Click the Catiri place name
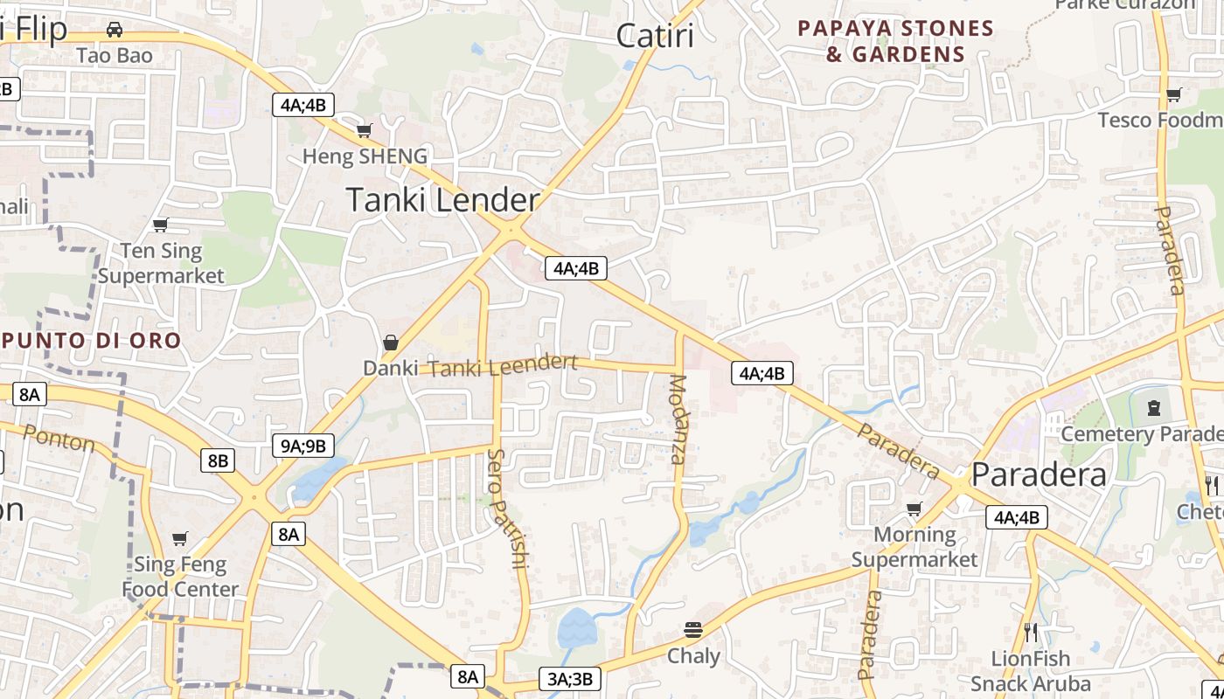(655, 36)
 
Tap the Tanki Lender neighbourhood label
(443, 200)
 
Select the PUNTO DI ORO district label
(91, 340)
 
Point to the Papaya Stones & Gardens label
(896, 41)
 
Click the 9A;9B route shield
(303, 446)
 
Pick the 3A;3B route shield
(570, 679)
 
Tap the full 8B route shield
(218, 460)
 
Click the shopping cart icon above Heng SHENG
(364, 131)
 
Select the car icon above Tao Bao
(115, 30)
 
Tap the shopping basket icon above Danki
(391, 343)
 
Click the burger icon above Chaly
(693, 629)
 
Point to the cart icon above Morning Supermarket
(915, 509)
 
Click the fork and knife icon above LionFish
(1031, 632)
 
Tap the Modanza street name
(678, 419)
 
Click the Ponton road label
(59, 438)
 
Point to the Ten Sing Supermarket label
(161, 263)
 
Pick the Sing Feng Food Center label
(180, 577)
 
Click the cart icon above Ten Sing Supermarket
(160, 225)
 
